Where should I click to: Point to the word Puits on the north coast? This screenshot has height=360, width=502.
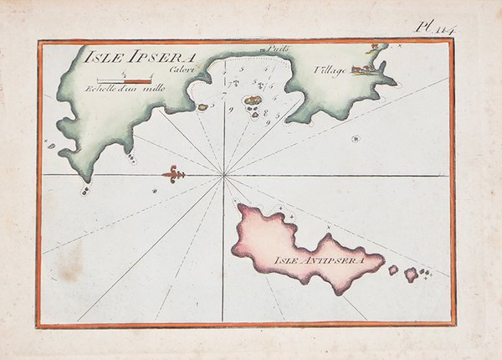(x=279, y=49)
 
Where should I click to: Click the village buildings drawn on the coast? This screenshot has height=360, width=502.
(x=364, y=69)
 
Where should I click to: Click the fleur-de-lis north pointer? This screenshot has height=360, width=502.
(x=173, y=175)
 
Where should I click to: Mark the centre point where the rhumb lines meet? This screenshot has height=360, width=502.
(x=223, y=175)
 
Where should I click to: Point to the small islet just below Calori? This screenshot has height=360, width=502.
(x=202, y=107)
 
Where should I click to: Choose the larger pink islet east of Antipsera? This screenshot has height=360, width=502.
(x=411, y=274)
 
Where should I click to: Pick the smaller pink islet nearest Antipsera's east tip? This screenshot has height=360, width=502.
(x=392, y=270)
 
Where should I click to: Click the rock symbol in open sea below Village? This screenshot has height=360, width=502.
(x=356, y=138)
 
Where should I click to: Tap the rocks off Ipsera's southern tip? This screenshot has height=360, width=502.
(x=85, y=190)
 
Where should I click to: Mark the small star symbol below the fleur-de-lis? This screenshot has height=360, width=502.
(x=155, y=192)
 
